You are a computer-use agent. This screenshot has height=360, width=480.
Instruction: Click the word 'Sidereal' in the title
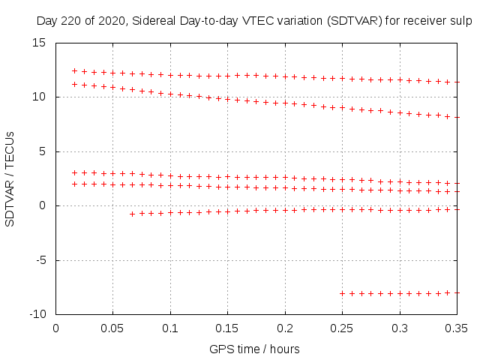coord(155,22)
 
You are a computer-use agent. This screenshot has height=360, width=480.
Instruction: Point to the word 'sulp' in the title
coord(460,22)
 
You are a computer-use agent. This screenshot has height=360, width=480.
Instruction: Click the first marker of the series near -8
coord(343,293)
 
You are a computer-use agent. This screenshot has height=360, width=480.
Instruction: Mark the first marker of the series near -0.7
coord(132,214)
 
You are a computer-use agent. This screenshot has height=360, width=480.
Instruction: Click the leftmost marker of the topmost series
coord(74,70)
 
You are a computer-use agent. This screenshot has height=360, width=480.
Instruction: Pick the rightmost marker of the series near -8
coord(457,292)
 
